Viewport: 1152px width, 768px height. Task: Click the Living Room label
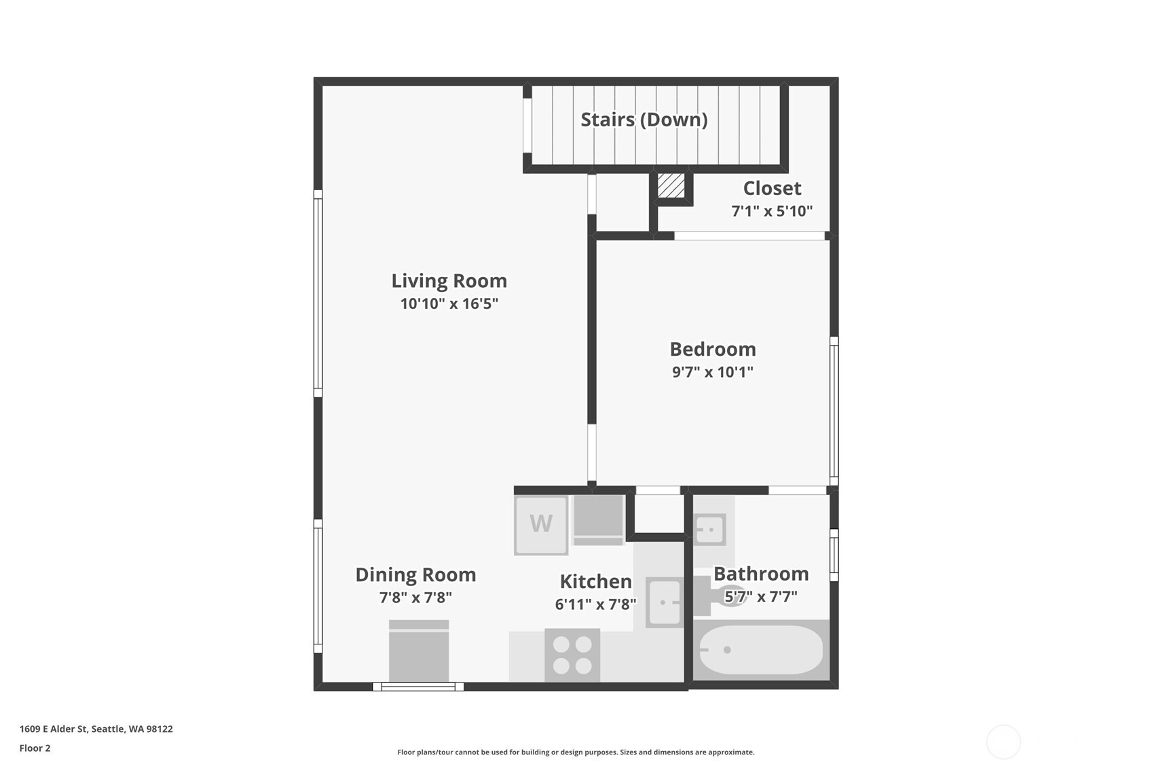click(x=449, y=280)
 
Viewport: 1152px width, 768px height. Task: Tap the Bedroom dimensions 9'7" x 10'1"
click(x=712, y=371)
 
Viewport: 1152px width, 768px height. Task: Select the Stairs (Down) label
click(x=644, y=120)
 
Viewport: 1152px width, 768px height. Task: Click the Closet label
click(x=772, y=188)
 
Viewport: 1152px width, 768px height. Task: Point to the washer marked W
click(x=541, y=525)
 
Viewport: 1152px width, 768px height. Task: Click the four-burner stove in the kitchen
click(x=572, y=655)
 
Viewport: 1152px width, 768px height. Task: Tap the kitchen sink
click(x=664, y=602)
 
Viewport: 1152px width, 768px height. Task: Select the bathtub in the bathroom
click(x=761, y=650)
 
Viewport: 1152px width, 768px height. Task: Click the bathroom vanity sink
click(x=710, y=530)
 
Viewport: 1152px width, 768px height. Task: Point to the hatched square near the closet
click(x=671, y=185)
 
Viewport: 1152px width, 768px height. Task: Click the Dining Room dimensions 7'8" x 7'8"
click(x=415, y=598)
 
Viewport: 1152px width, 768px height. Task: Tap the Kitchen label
click(x=595, y=581)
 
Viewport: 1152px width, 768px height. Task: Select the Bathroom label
click(x=761, y=574)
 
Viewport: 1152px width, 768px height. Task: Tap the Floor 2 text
click(x=35, y=748)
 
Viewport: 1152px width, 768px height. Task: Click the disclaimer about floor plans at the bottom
click(x=576, y=752)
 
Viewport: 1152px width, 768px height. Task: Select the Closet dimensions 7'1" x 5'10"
click(x=772, y=211)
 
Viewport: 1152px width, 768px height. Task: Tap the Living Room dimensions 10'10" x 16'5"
click(x=449, y=304)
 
